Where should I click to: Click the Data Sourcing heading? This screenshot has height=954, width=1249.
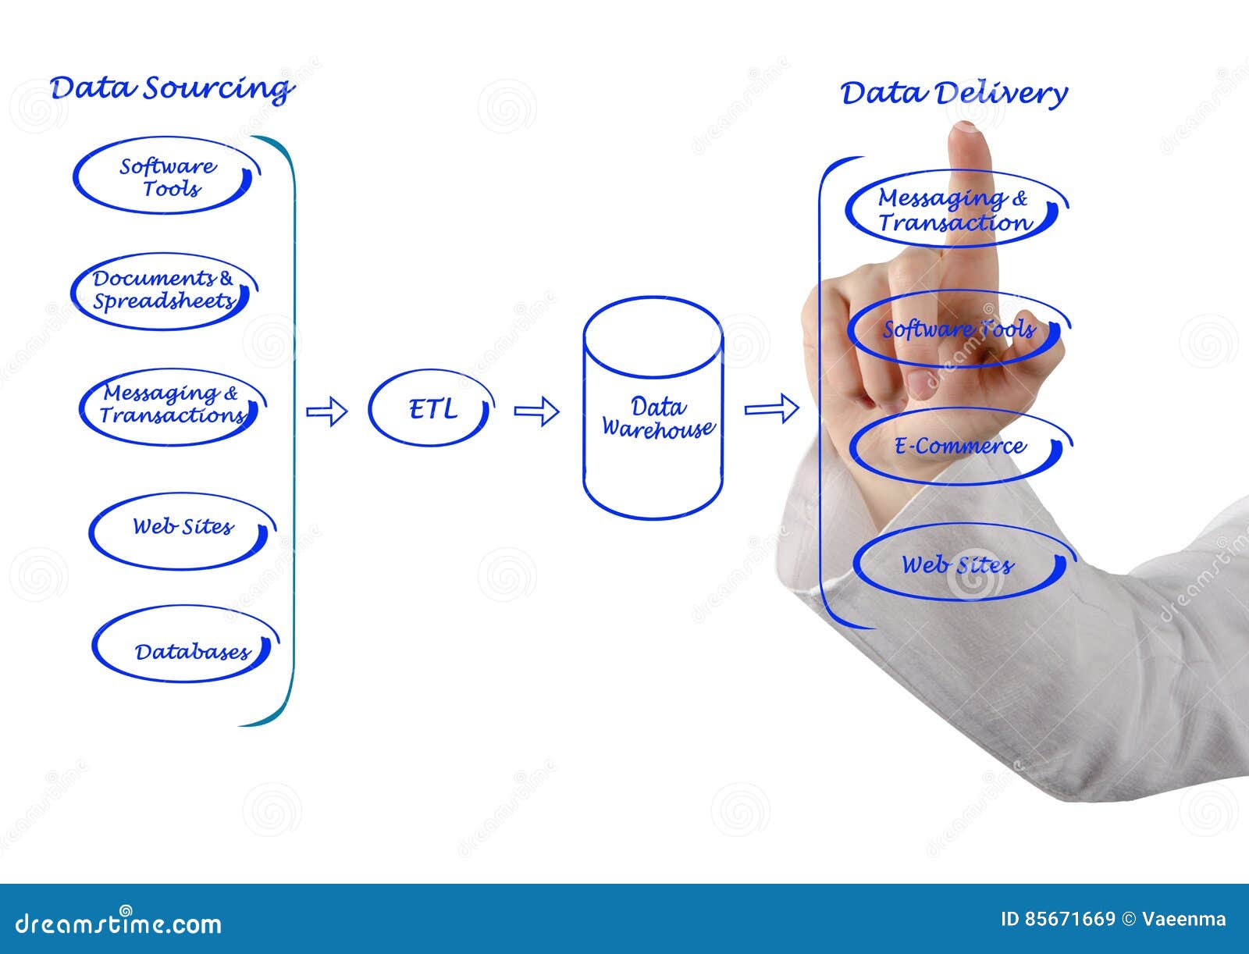click(x=171, y=88)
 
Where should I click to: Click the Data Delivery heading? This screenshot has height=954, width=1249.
click(x=953, y=94)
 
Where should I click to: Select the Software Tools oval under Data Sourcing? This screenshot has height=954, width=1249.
click(x=167, y=176)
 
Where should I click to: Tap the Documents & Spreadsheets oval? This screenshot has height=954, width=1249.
click(x=163, y=290)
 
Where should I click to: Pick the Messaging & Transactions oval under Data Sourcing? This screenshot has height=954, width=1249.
click(x=171, y=405)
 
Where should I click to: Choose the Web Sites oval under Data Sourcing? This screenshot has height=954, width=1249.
click(x=182, y=529)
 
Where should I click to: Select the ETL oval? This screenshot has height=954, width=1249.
click(x=431, y=408)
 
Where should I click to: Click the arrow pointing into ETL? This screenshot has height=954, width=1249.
click(x=326, y=411)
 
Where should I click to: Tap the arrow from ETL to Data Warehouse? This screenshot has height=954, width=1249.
click(x=536, y=411)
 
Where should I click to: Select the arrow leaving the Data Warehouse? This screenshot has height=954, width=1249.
click(x=771, y=408)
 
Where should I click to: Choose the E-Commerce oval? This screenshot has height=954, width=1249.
click(x=959, y=447)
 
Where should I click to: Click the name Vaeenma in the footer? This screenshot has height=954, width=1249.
click(x=1183, y=919)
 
